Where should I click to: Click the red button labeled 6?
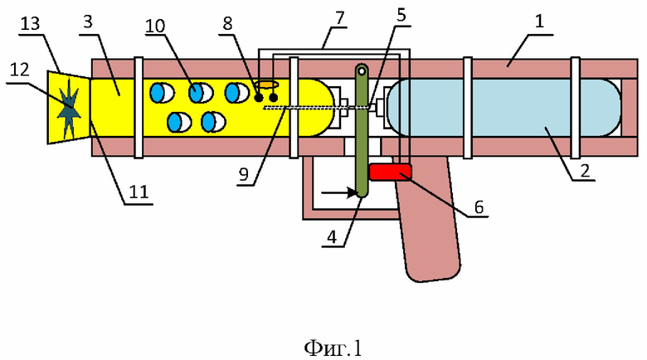391,173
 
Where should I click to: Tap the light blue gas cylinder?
503,107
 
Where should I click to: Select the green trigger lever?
362,130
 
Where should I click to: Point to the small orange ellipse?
266,85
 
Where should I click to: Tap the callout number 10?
155,26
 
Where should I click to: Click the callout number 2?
585,171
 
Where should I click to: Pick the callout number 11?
139,192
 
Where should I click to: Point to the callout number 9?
244,175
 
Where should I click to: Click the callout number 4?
332,237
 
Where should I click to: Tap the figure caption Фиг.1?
333,348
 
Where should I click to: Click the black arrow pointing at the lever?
339,192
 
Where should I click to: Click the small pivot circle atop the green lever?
362,71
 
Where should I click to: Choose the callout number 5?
401,15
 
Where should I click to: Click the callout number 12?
19,70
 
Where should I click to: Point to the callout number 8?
228,23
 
